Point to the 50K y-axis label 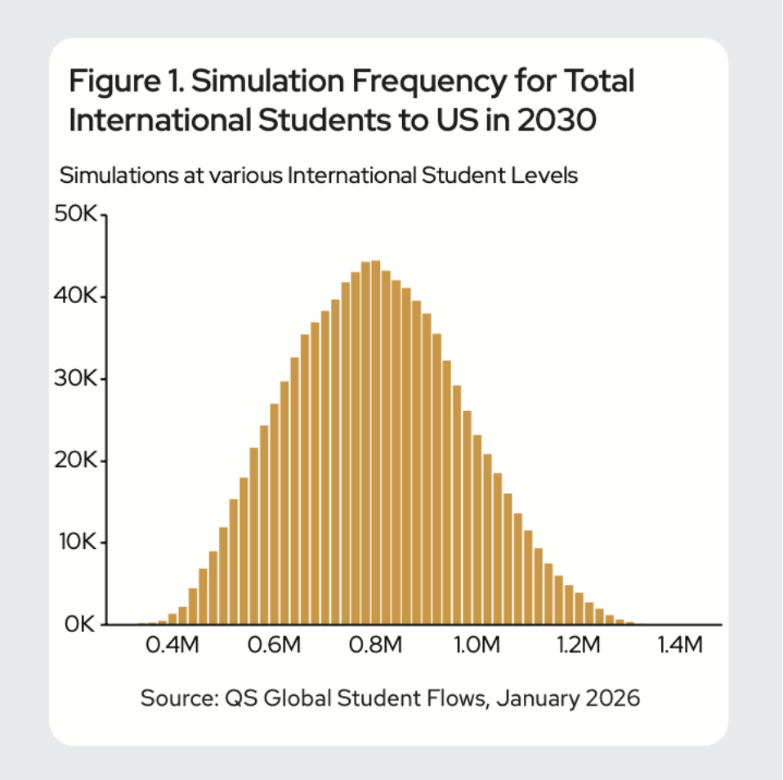pyautogui.click(x=75, y=215)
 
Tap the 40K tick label pyautogui.click(x=75, y=296)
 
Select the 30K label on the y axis pyautogui.click(x=75, y=379)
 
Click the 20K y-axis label pyautogui.click(x=75, y=461)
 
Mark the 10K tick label pyautogui.click(x=75, y=542)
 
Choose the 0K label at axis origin pyautogui.click(x=79, y=625)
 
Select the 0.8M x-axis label pyautogui.click(x=376, y=647)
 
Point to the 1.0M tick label pyautogui.click(x=477, y=647)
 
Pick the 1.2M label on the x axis pyautogui.click(x=579, y=647)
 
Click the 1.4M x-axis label pyautogui.click(x=680, y=647)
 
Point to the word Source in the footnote pyautogui.click(x=171, y=698)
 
